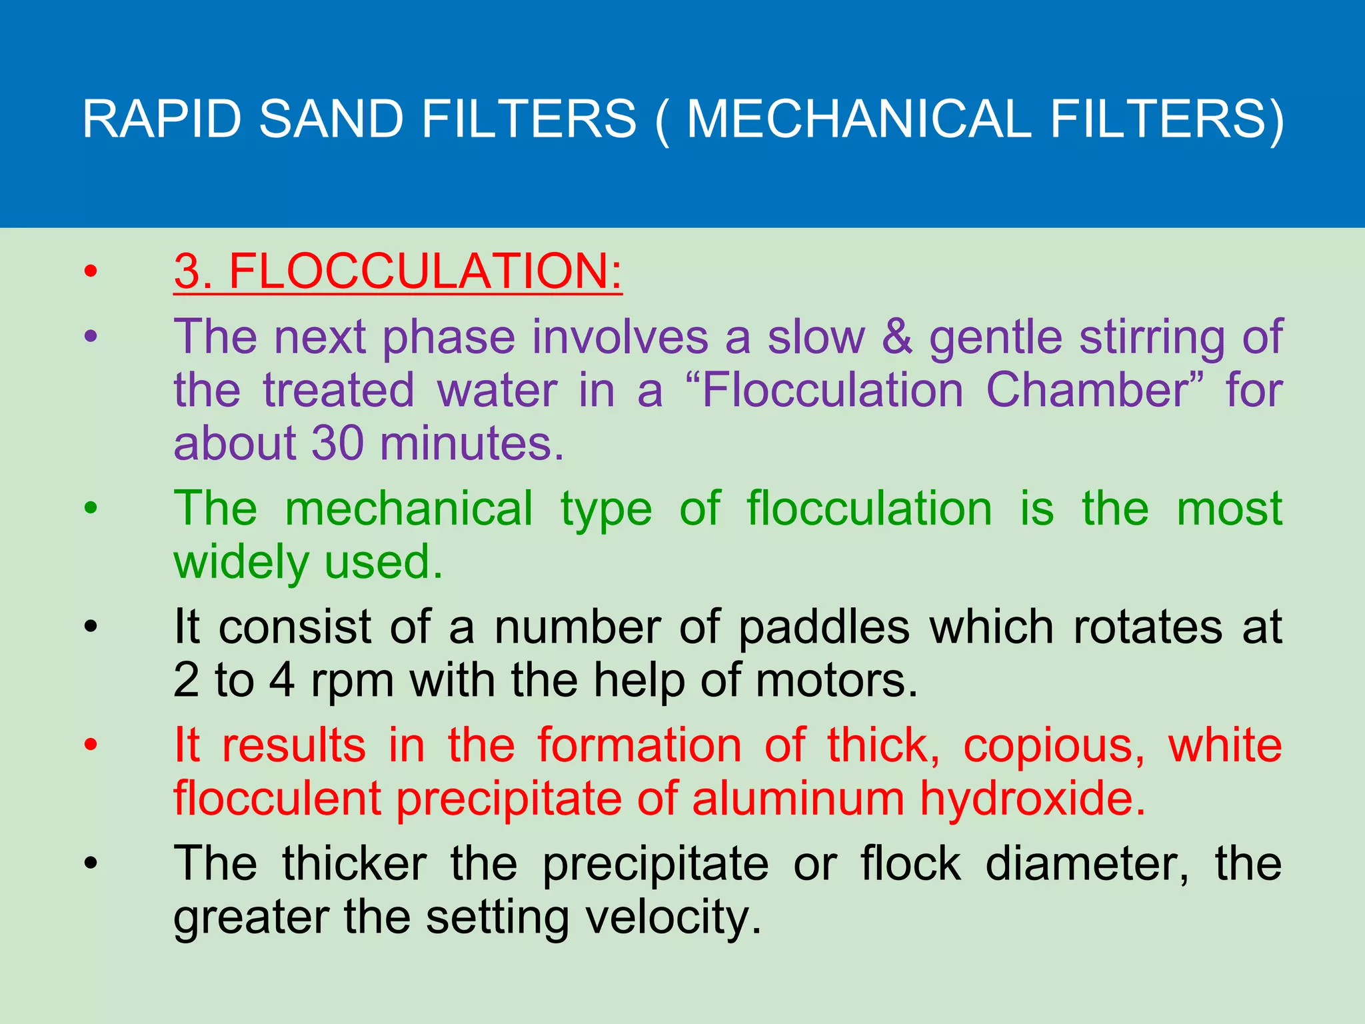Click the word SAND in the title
coord(331,119)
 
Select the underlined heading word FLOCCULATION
coord(425,271)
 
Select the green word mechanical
coord(409,508)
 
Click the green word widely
coord(241,562)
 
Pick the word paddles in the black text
coord(824,627)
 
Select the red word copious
coord(1054,745)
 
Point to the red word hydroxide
coord(1032,799)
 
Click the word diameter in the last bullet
coord(1086,864)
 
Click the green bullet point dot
coord(91,509)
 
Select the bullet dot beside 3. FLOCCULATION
coord(91,271)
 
